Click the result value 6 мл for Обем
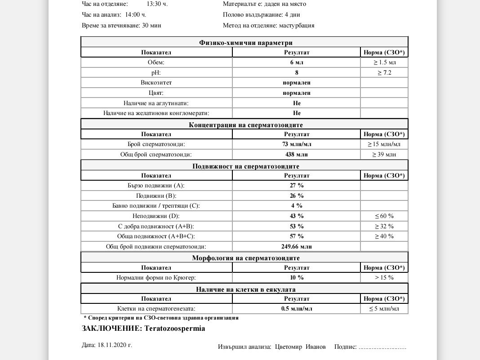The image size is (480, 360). tap(297, 62)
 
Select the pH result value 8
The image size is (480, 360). tap(297, 72)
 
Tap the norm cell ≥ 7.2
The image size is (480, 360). tap(384, 72)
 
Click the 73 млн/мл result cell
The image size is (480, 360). tap(297, 144)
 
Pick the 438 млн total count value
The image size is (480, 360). tap(297, 155)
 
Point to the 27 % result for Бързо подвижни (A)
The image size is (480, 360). tap(297, 185)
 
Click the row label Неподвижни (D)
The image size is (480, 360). tap(156, 216)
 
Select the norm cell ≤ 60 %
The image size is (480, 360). tap(384, 216)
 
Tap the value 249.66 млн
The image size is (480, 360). tap(297, 247)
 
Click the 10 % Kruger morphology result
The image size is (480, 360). tap(297, 278)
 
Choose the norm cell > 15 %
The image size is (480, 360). tap(384, 278)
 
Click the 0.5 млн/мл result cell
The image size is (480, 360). tap(297, 309)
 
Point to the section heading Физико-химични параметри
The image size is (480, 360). tap(246, 43)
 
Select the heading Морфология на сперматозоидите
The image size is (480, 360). tap(246, 258)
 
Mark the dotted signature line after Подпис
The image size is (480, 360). tap(383, 347)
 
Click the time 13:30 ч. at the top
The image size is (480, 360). tap(157, 4)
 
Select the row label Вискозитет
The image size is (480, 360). tap(156, 83)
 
